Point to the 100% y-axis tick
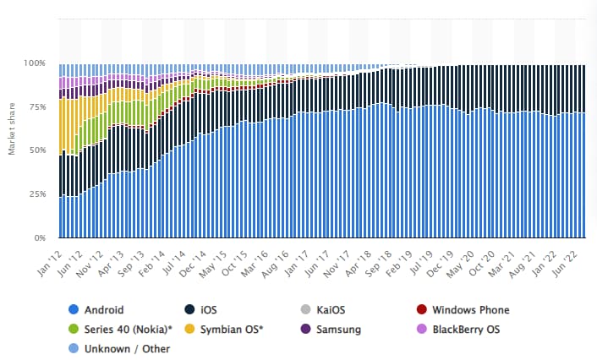[x=36, y=63]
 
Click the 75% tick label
[x=38, y=107]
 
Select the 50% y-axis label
[x=38, y=150]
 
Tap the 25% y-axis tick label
[x=38, y=194]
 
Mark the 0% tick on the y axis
[x=41, y=238]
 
